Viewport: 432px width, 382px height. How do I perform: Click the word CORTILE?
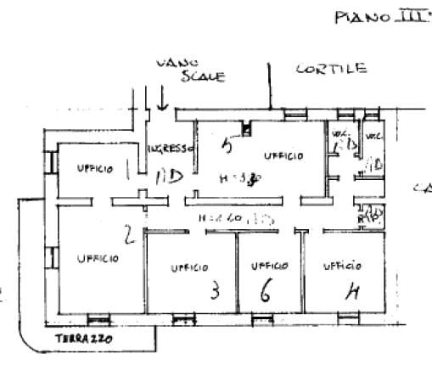[331, 69]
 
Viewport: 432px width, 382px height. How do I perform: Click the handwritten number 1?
[127, 169]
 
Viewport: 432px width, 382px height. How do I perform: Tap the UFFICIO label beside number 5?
[283, 155]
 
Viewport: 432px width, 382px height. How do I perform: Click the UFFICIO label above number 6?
[270, 266]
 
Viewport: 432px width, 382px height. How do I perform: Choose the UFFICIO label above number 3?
[189, 267]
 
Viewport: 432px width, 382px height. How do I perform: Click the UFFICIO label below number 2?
[97, 259]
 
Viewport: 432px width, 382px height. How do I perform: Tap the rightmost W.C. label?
[372, 137]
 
